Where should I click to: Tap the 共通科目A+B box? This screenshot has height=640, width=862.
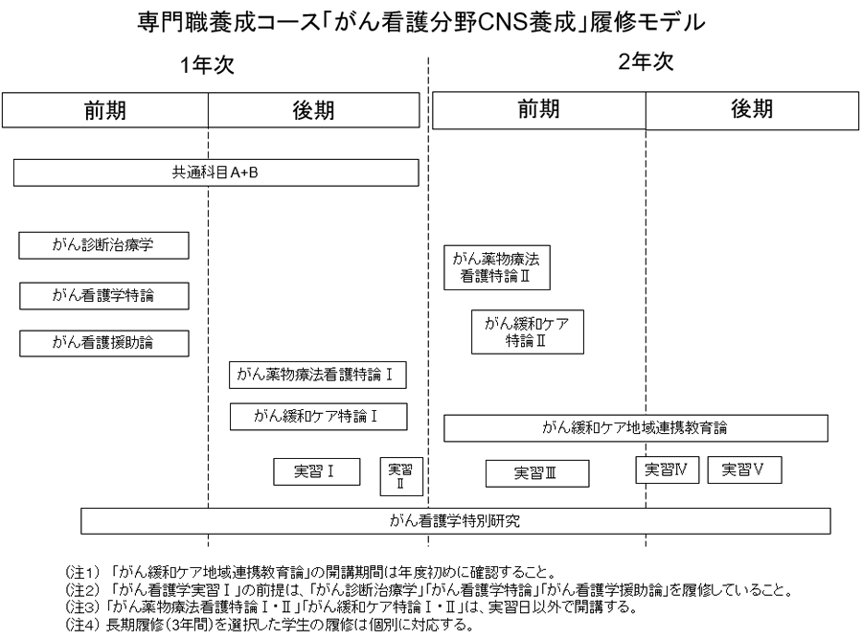tap(216, 172)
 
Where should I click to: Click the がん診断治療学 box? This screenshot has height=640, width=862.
tap(103, 245)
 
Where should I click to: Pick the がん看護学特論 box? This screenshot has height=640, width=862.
tap(103, 296)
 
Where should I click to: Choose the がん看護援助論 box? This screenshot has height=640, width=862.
tap(103, 342)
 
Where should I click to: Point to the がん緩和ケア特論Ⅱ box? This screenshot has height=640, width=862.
tap(528, 331)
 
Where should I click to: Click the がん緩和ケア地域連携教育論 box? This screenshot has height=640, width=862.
tap(636, 427)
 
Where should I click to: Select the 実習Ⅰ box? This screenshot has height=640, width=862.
tap(303, 470)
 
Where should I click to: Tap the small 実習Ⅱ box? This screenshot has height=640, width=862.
tap(399, 475)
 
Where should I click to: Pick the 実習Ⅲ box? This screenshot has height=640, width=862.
tap(536, 473)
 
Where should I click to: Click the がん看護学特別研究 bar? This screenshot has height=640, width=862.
tap(456, 521)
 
